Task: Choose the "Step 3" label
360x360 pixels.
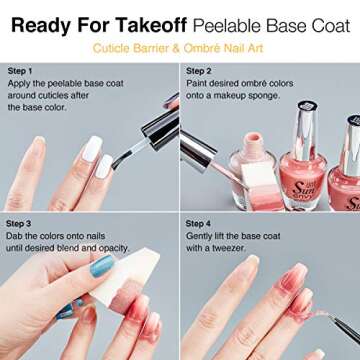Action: [x=20, y=222]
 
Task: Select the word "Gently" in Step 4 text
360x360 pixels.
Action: [x=201, y=237]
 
